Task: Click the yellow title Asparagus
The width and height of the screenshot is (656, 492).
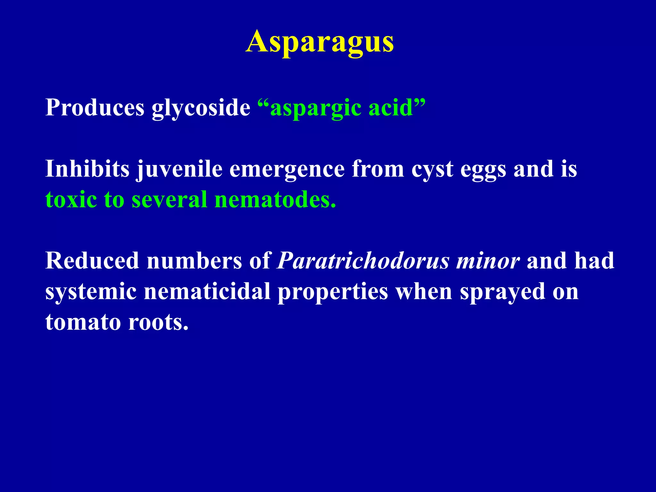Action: [320, 42]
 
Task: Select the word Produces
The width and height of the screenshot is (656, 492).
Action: [95, 107]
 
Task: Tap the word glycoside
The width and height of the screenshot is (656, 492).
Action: [201, 108]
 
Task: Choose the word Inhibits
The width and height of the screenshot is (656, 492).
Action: [87, 169]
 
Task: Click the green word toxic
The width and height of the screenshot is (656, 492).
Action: [71, 200]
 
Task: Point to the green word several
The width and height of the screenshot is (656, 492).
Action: [169, 200]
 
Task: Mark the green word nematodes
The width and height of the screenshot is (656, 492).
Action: [275, 200]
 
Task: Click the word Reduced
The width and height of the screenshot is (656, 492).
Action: [92, 261]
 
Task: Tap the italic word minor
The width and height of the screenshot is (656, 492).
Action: [488, 261]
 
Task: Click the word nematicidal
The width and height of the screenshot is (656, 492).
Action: [207, 291]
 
